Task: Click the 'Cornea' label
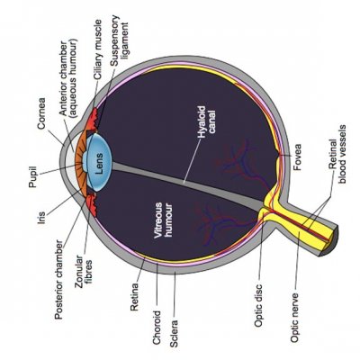tap(41, 113)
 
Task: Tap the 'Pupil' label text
tap(32, 177)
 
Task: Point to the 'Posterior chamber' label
tap(59, 280)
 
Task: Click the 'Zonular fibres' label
tap(84, 272)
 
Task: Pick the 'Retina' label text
tap(134, 296)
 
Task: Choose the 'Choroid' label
tap(157, 328)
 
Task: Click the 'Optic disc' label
tap(258, 305)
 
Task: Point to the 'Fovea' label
tap(297, 157)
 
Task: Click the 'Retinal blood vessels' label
tap(337, 154)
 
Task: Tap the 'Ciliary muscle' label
tap(98, 49)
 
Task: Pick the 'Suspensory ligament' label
tap(119, 40)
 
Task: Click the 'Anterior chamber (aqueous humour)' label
tap(68, 77)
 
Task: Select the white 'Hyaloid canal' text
tap(207, 122)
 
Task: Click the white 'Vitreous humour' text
tap(163, 220)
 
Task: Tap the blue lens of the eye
tap(99, 163)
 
